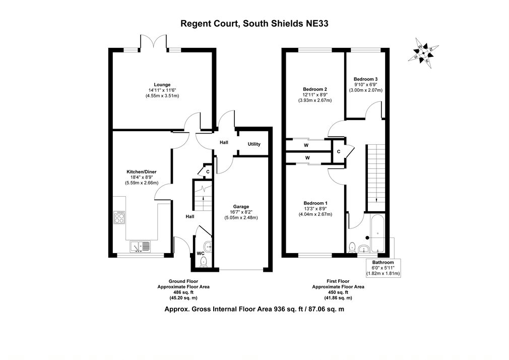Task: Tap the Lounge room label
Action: click(x=162, y=85)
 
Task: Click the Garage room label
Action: click(x=241, y=206)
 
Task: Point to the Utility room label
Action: click(x=254, y=144)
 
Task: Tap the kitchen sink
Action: click(x=140, y=246)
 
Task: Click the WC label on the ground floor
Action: click(x=200, y=253)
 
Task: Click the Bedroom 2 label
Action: click(x=315, y=89)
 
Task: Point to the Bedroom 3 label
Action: click(x=365, y=79)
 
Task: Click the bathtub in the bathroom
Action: click(x=377, y=234)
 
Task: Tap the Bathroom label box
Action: click(x=383, y=268)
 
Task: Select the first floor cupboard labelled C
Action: click(x=338, y=151)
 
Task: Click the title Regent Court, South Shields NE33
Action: click(x=254, y=23)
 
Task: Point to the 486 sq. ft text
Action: click(x=183, y=292)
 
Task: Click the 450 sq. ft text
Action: click(x=338, y=292)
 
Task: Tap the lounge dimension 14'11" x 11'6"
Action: click(x=162, y=90)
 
